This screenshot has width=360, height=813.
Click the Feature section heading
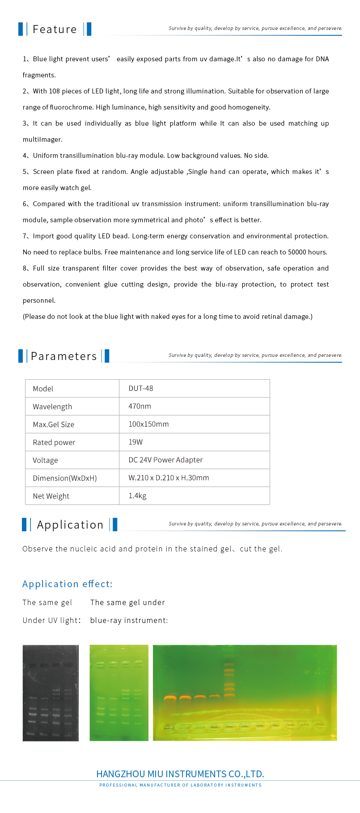55,30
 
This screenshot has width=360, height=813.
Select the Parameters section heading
64,356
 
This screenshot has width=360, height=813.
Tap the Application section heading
70,525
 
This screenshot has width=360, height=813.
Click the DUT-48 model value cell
141,389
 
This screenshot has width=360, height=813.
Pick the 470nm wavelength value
140,406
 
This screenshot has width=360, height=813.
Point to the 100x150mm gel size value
148,424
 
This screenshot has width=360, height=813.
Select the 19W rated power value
136,442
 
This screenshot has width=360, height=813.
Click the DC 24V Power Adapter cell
165,460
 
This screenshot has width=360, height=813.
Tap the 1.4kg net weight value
137,496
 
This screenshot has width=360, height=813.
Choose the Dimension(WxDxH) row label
64,478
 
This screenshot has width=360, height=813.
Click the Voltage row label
45,460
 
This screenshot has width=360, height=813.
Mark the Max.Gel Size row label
53,424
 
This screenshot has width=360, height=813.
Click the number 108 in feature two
54,91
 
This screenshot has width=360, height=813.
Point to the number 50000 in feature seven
297,252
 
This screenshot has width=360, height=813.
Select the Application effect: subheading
68,584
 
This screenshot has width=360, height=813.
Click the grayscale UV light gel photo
51,693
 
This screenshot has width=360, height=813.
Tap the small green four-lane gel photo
119,693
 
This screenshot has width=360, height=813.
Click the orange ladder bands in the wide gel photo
229,680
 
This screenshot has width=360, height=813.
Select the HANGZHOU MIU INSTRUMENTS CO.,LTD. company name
180,774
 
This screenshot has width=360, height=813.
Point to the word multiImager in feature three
42,140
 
